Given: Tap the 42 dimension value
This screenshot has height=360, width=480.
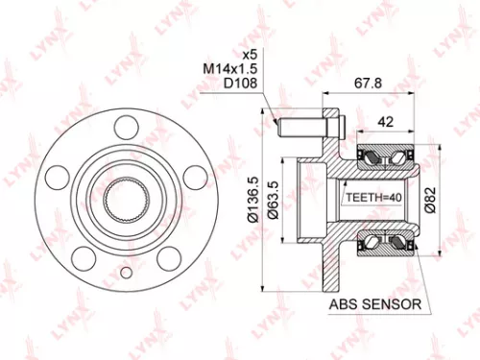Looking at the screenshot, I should coord(383,122).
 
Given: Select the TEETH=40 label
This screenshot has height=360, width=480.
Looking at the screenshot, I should coord(371,199).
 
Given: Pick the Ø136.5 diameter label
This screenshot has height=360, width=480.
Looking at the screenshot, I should coord(252,200).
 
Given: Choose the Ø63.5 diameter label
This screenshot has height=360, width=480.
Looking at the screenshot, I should coord(275,200).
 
